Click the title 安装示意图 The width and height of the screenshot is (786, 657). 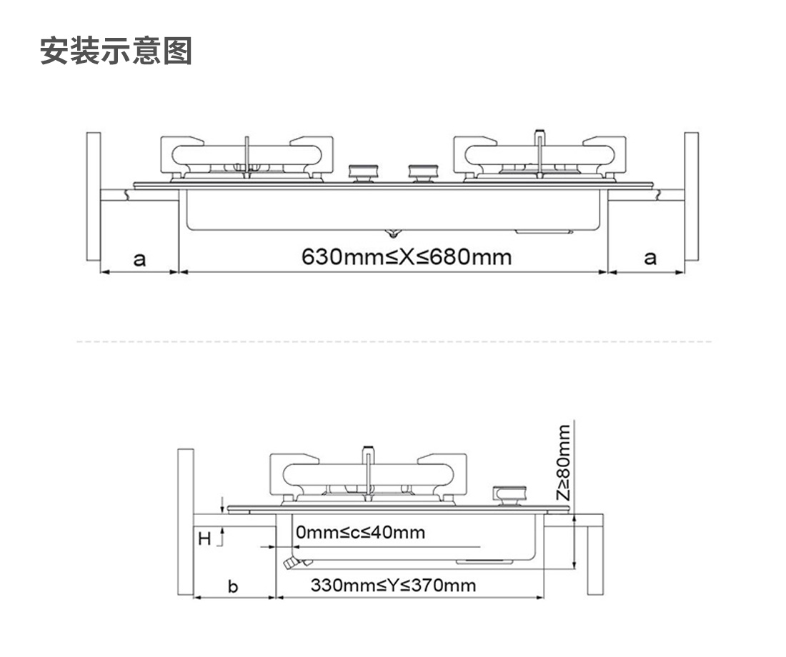coord(116,51)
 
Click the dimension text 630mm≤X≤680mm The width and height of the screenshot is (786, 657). coord(407,257)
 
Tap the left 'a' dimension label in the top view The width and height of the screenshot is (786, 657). coord(139,260)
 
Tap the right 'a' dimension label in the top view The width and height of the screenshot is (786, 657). coord(650,258)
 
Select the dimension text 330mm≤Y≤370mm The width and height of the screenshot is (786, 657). coord(393,585)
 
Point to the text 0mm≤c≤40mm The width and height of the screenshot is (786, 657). coord(360,532)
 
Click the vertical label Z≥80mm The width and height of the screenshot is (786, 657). coord(564,463)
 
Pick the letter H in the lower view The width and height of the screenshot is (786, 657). coord(204,538)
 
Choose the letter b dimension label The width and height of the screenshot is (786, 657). coord(233,586)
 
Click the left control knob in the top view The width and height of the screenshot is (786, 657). coord(364,173)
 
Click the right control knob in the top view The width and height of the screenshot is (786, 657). coord(423,173)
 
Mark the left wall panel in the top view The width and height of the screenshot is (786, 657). coord(93,196)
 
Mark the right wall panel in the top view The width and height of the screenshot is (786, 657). coord(691,196)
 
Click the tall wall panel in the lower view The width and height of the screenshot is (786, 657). coord(186,522)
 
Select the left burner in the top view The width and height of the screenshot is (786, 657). coord(247,159)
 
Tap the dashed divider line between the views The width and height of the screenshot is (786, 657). coord(394,342)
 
